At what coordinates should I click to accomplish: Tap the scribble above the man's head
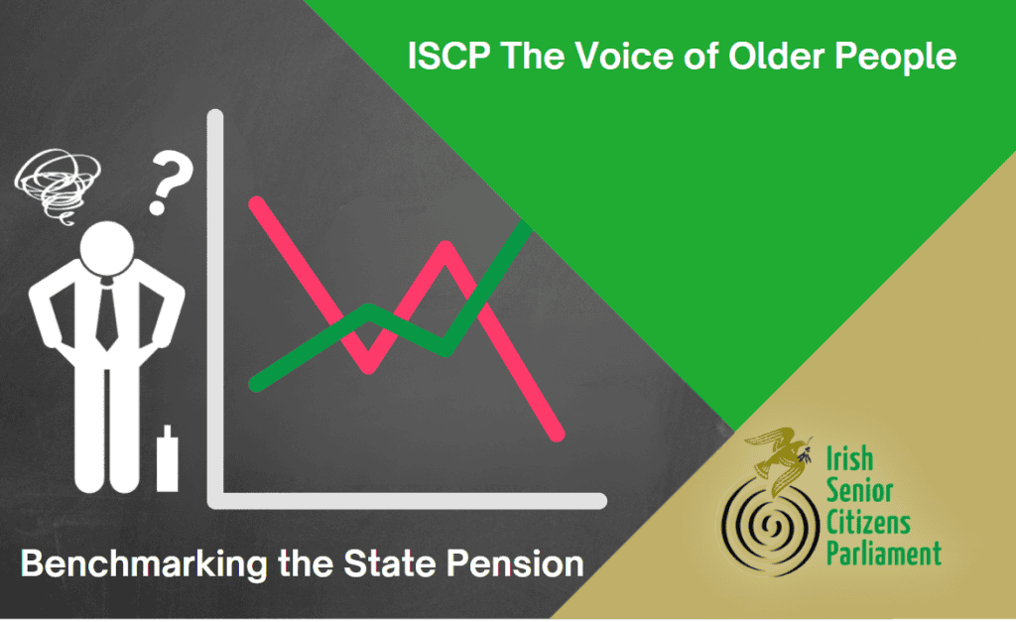(x=57, y=186)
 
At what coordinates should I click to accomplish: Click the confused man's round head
(x=107, y=249)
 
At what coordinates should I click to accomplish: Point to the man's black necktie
(x=107, y=315)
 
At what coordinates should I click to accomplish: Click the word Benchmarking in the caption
(x=144, y=563)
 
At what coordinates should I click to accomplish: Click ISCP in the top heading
(x=448, y=56)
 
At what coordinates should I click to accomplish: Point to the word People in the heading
(x=896, y=57)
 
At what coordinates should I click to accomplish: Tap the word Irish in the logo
(x=849, y=458)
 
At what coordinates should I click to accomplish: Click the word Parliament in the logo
(x=883, y=554)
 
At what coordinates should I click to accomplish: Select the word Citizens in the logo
(x=867, y=522)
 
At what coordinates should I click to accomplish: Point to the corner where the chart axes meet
(x=215, y=500)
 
